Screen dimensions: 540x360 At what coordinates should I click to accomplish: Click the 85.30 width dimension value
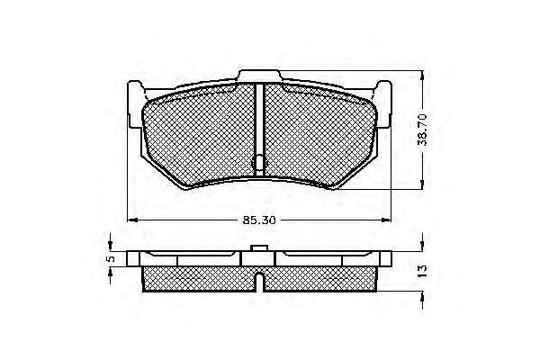(259, 220)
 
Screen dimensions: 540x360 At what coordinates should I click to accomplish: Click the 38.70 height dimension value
(423, 130)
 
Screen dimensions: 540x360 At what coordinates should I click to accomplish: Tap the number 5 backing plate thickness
(111, 258)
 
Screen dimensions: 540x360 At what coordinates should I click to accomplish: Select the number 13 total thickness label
(423, 271)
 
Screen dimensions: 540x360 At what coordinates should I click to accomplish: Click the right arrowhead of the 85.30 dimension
(386, 220)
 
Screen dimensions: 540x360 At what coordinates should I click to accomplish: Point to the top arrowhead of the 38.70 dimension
(423, 76)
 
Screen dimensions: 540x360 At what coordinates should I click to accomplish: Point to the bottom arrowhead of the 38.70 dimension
(423, 184)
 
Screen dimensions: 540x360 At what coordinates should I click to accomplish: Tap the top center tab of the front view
(260, 76)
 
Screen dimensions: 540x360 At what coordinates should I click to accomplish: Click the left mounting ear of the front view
(135, 104)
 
